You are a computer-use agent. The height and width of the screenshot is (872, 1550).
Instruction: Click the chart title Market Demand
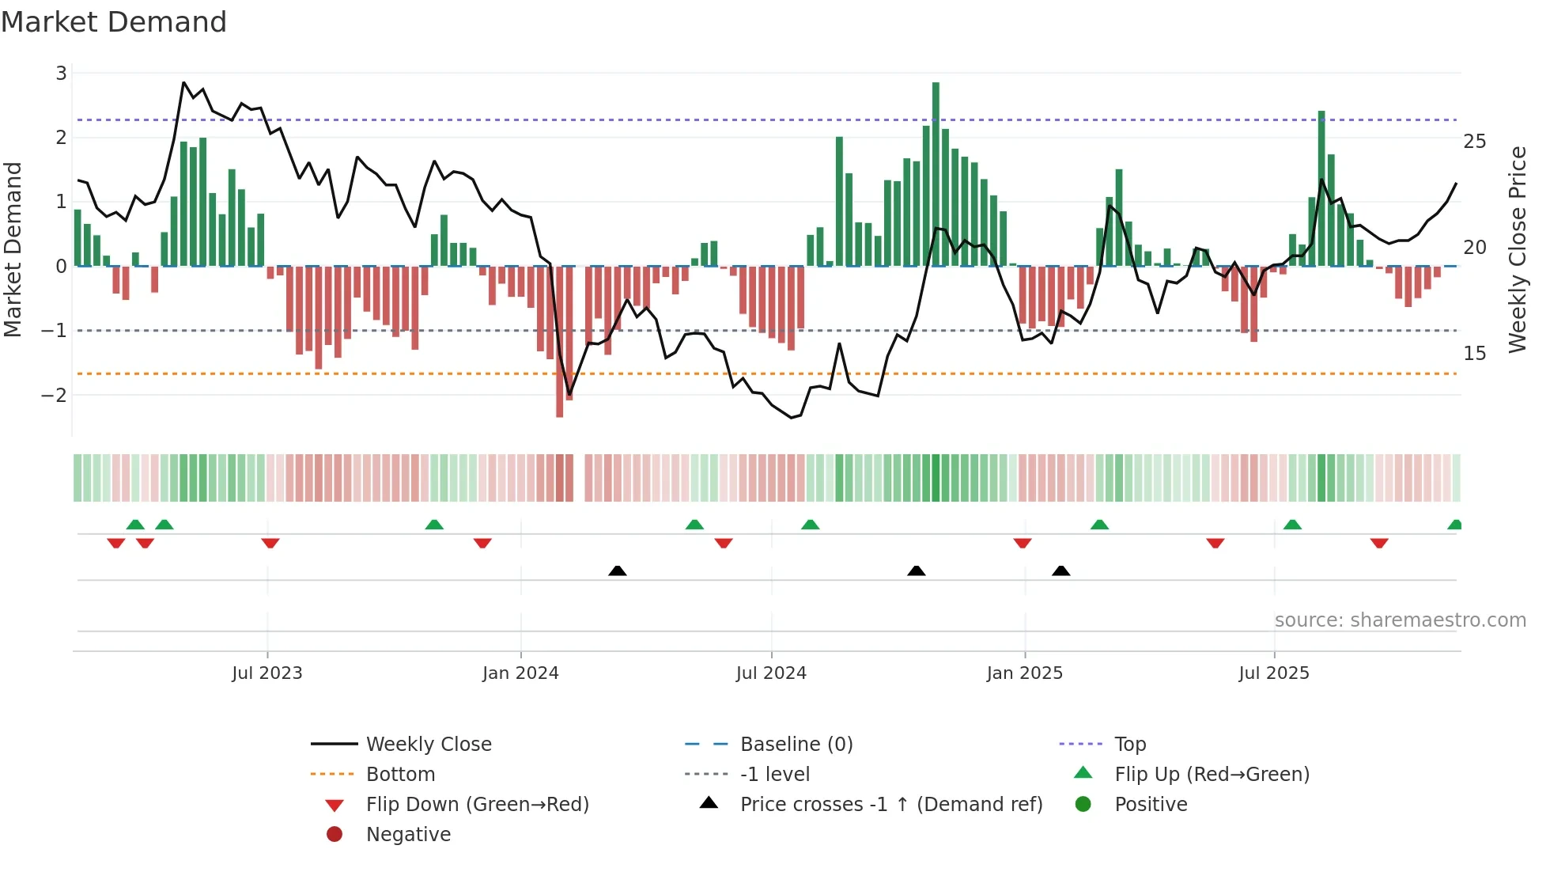tap(114, 22)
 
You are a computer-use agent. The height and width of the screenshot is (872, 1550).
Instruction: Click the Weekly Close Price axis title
tap(1517, 249)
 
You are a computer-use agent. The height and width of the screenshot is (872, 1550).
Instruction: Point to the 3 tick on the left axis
tap(61, 73)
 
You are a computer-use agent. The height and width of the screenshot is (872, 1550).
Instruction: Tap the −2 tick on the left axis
tap(55, 395)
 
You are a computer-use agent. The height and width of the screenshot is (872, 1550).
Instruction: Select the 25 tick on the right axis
tap(1475, 142)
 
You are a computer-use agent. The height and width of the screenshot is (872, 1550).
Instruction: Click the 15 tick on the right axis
tap(1475, 353)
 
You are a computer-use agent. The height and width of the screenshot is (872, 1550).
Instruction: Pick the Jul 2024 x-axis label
tap(771, 673)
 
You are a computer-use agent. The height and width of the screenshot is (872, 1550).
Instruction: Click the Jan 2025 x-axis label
tap(1025, 673)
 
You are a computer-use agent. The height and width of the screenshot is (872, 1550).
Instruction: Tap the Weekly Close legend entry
tap(429, 745)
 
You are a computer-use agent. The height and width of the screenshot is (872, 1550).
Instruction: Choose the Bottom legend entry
tap(400, 775)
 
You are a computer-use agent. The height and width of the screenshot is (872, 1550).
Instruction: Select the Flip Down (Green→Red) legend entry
tap(477, 805)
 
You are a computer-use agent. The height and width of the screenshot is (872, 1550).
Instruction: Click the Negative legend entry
tap(408, 835)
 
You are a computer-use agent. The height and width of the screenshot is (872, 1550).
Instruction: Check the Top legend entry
tap(1130, 745)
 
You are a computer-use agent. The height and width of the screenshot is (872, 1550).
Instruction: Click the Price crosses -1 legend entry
tap(891, 805)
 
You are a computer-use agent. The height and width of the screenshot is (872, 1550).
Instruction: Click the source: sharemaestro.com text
tap(1400, 620)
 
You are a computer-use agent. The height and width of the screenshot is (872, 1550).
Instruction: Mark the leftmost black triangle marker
tap(618, 571)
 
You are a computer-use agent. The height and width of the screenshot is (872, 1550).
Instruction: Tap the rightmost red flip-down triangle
tap(1379, 543)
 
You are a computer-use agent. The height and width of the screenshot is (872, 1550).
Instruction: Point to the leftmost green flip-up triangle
tap(135, 525)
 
